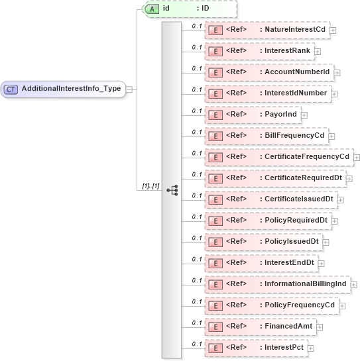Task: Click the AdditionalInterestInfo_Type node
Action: coord(64,89)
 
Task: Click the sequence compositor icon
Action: coord(172,189)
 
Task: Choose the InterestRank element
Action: coord(259,51)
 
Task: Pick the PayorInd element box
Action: coord(253,115)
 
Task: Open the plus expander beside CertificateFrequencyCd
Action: coord(357,158)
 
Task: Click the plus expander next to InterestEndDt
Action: coord(322,264)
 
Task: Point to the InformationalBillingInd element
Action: coord(280,284)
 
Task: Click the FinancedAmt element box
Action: coord(260,327)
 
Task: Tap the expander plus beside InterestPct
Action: coord(310,348)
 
